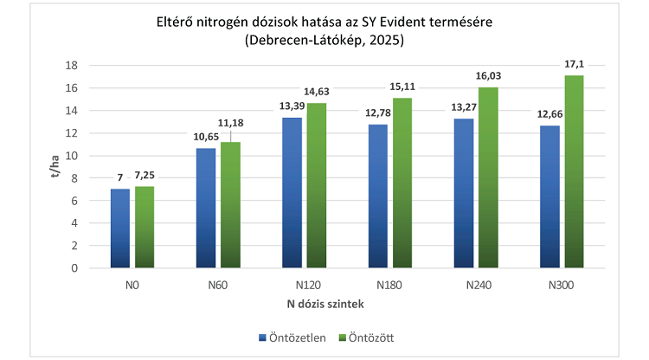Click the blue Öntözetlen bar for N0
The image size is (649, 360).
coord(119,228)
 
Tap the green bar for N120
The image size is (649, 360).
coord(316,185)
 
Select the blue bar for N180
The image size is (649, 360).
coord(378,196)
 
